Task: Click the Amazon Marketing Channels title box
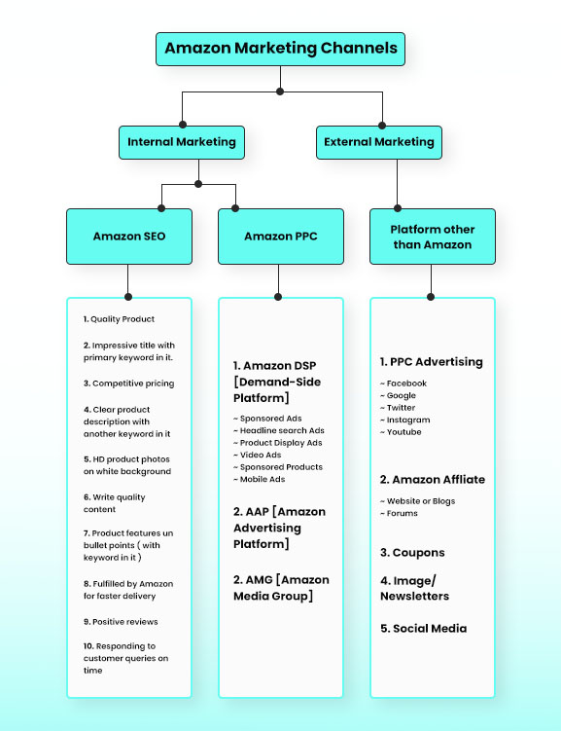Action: [x=280, y=48]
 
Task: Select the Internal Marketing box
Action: [x=181, y=142]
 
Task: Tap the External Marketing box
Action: [x=379, y=142]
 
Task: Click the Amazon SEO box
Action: [x=128, y=237]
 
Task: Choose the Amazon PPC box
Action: [x=280, y=237]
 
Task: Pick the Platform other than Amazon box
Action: [x=432, y=237]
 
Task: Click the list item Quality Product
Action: [x=120, y=319]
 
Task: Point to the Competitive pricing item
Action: [x=128, y=384]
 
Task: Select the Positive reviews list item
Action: [x=121, y=621]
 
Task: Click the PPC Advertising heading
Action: [x=431, y=362]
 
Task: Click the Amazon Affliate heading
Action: [x=432, y=480]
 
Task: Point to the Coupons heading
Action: [x=412, y=553]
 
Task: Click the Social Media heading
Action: [x=423, y=629]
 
